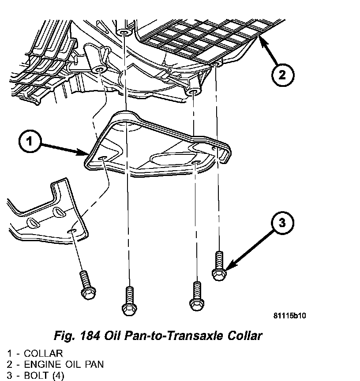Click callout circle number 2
[282, 75]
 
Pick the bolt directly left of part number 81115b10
[195, 295]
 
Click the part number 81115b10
[289, 316]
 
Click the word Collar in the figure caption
[241, 336]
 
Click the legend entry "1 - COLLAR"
[35, 353]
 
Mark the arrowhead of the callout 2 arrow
[259, 38]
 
